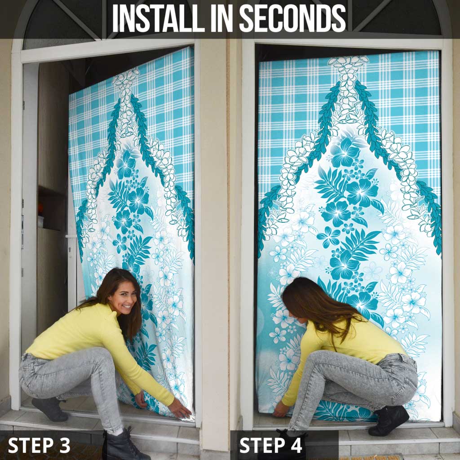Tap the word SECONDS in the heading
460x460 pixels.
point(292,18)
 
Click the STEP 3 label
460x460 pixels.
point(39,445)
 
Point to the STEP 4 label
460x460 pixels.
point(270,445)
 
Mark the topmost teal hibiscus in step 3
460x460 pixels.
point(126,164)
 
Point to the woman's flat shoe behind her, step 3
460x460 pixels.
point(50,409)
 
